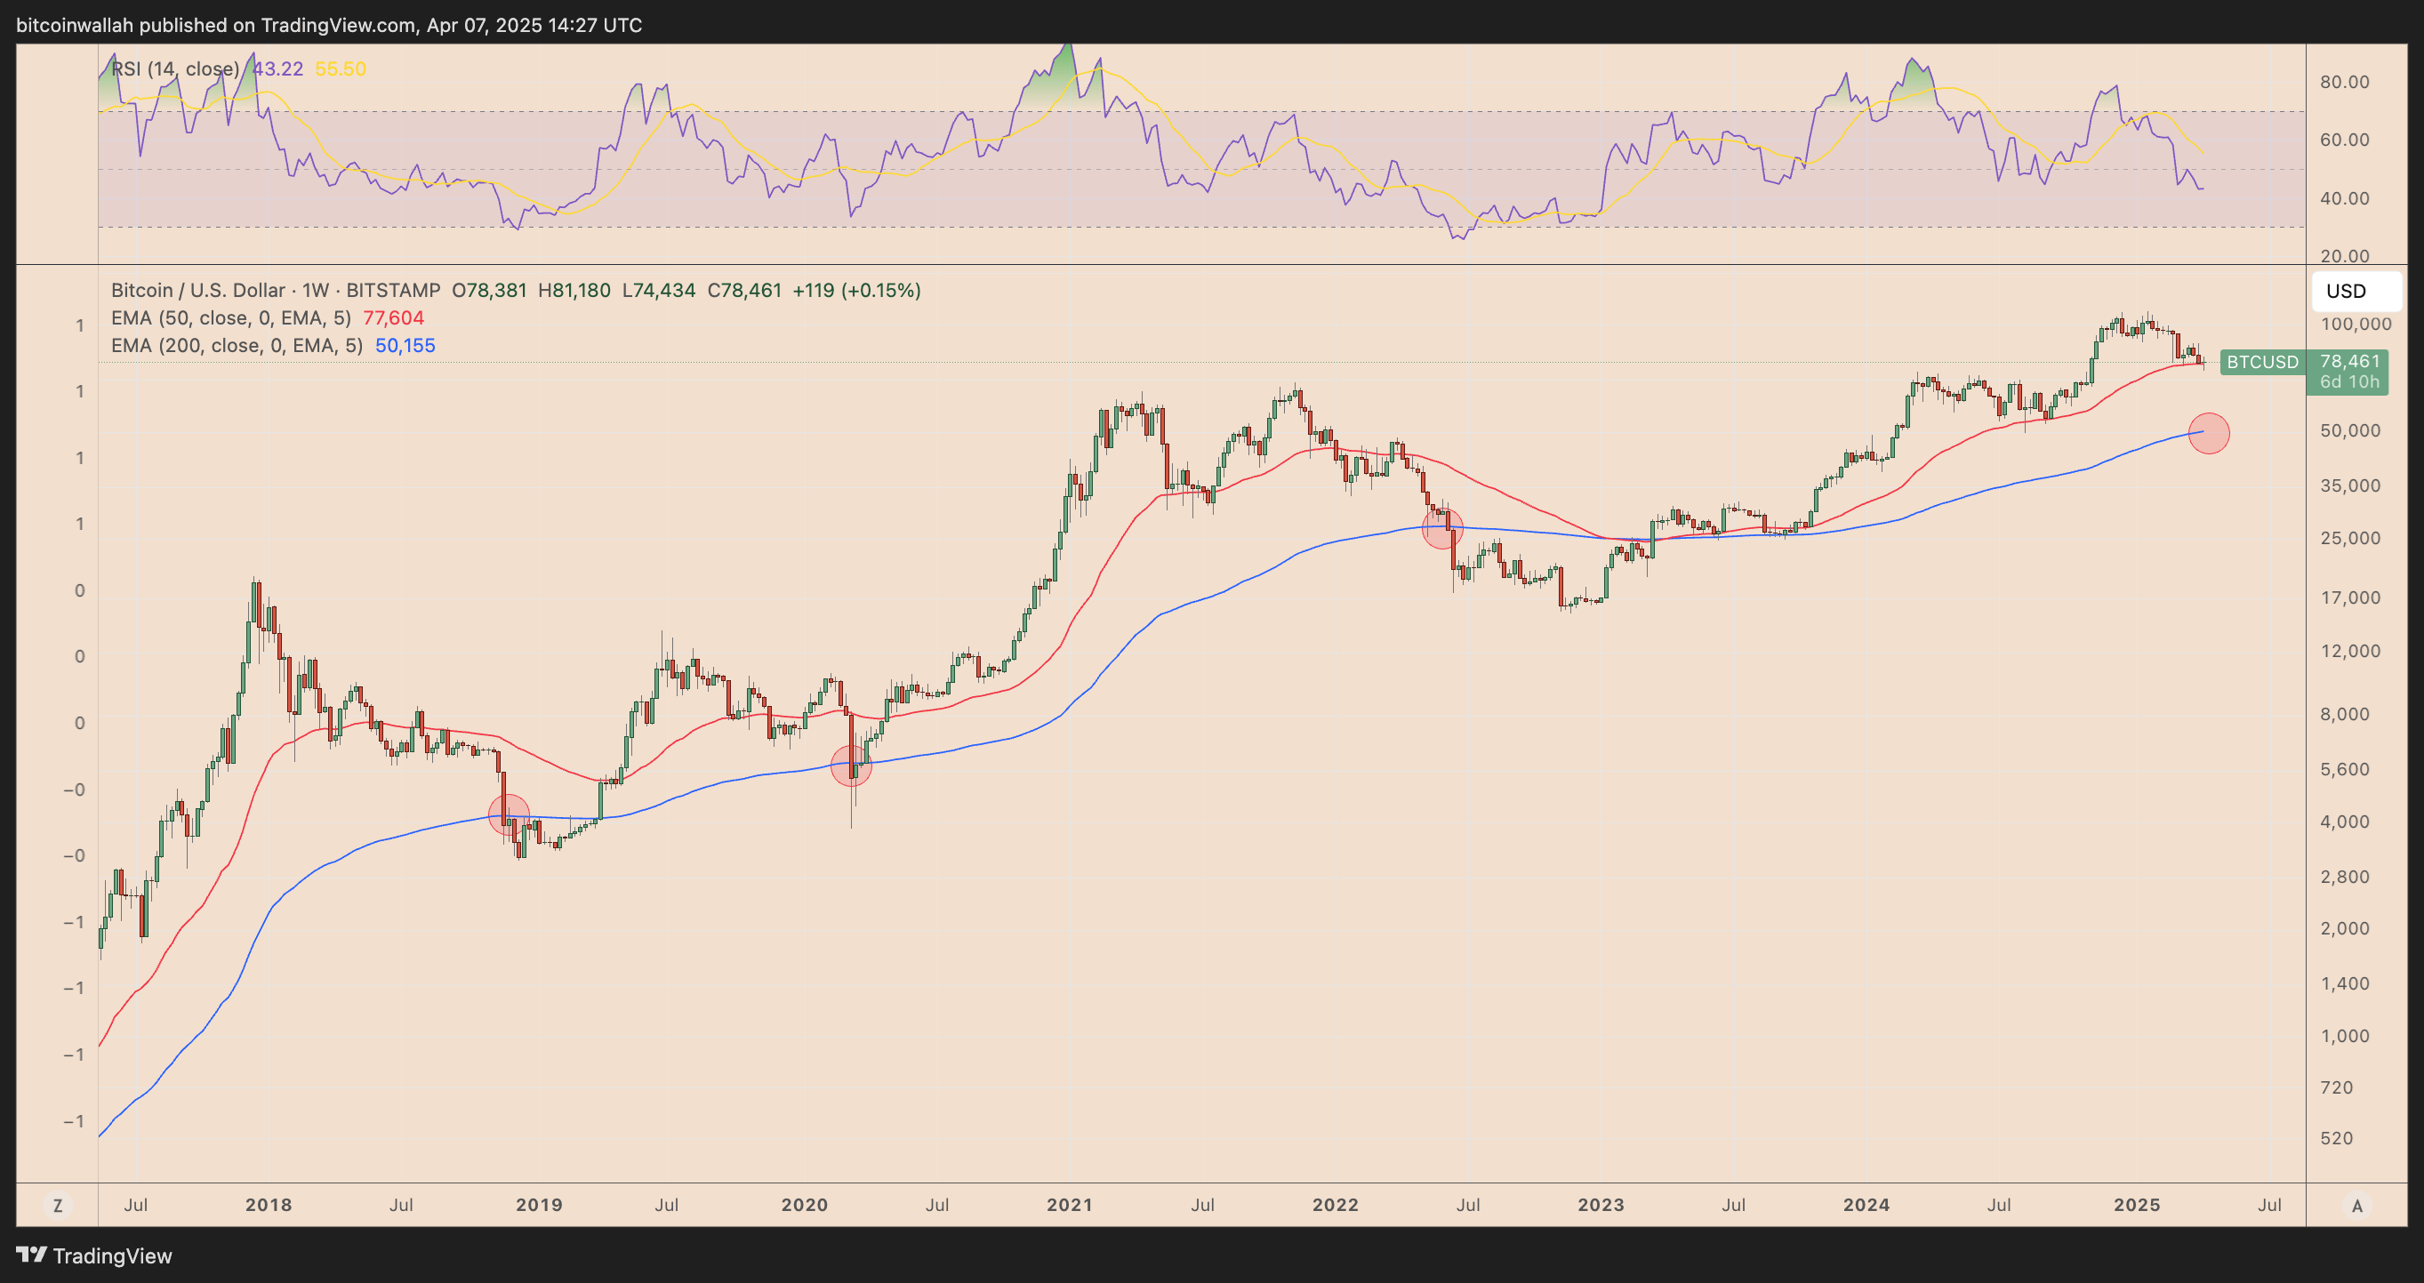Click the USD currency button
[2356, 291]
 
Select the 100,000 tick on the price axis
[2356, 324]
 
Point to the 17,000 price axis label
[2349, 597]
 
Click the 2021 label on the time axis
[1070, 1205]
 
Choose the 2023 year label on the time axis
[1601, 1205]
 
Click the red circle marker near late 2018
[510, 814]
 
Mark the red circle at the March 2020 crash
[852, 766]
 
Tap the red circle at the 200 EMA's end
[2209, 434]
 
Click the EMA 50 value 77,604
[393, 318]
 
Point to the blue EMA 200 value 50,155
[405, 345]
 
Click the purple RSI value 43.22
[277, 68]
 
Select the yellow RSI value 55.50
[341, 68]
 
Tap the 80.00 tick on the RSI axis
[2344, 82]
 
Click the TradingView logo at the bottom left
[94, 1255]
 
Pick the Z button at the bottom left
[58, 1205]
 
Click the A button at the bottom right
[2356, 1205]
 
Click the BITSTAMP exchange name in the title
[393, 291]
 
